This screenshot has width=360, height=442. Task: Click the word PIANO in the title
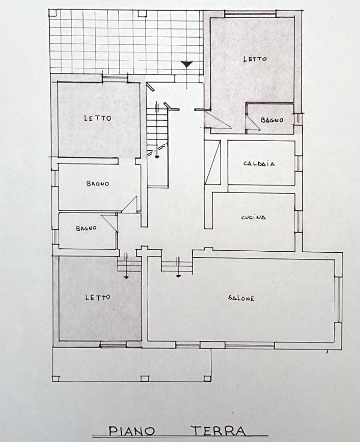[x=132, y=431]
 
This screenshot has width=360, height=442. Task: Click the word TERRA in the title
[x=219, y=431]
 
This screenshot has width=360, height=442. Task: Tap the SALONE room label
[x=241, y=298]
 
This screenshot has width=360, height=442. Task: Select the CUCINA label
[x=254, y=217]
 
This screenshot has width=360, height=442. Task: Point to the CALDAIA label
[x=259, y=164]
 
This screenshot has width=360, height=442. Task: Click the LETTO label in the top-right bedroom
[x=255, y=59]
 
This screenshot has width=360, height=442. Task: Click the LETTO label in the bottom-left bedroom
[x=98, y=297]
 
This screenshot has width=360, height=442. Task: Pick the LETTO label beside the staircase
[x=98, y=118]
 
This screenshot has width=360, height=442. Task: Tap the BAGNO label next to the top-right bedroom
[x=272, y=120]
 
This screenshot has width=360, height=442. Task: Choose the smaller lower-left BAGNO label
[x=86, y=228]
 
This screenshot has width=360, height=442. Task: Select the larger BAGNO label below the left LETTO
[x=98, y=184]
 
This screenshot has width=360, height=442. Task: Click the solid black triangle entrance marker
[x=186, y=64]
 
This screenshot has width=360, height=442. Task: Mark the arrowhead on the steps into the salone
[x=178, y=276]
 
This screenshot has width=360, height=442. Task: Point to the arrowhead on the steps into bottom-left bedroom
[x=126, y=277]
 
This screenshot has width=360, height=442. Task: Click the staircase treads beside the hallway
[x=157, y=127]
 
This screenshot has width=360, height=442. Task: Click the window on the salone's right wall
[x=338, y=299]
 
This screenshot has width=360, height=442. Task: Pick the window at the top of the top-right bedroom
[x=250, y=14]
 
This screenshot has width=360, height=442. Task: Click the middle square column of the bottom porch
[x=144, y=378]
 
